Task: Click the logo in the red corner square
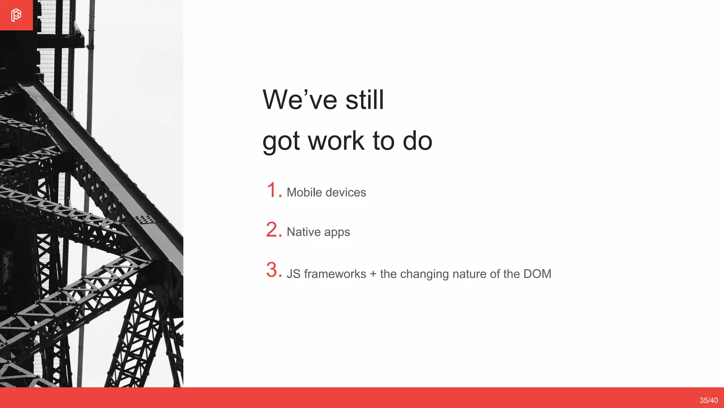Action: click(16, 15)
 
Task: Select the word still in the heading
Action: click(364, 100)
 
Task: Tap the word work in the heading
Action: click(336, 141)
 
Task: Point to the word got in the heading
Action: click(281, 142)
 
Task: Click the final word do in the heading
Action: click(418, 141)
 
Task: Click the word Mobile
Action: click(304, 192)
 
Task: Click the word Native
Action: click(304, 232)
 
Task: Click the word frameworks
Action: click(335, 274)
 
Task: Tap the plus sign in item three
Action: click(373, 274)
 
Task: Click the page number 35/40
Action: click(708, 400)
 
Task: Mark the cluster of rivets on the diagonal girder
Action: click(145, 219)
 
